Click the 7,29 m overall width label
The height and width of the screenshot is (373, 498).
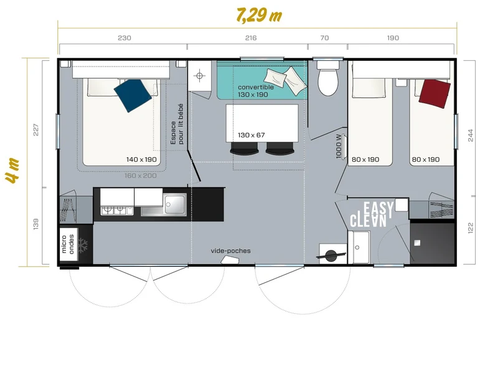click(259, 15)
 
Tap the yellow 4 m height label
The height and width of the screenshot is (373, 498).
click(12, 170)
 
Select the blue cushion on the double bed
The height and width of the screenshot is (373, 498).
click(133, 95)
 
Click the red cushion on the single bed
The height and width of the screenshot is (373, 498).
click(435, 94)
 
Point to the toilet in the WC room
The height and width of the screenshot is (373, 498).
click(328, 78)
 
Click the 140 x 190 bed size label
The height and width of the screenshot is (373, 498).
click(141, 160)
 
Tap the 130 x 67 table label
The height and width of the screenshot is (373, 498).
click(251, 135)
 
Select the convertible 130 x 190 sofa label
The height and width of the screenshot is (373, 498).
click(256, 91)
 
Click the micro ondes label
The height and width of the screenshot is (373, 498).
click(68, 244)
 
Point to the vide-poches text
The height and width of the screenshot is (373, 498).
click(230, 251)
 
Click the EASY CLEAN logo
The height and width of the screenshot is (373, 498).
click(372, 214)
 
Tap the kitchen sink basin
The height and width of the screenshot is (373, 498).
click(174, 205)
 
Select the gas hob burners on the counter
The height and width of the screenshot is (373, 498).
click(116, 210)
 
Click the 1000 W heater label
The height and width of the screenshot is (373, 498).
click(339, 146)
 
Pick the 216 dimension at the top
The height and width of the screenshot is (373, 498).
click(251, 38)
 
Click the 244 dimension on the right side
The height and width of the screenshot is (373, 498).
click(471, 136)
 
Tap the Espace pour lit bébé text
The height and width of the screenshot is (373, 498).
click(177, 124)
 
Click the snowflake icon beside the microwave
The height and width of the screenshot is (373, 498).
click(83, 245)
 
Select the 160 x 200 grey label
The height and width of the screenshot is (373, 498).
click(141, 176)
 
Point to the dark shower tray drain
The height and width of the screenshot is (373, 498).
click(417, 243)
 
